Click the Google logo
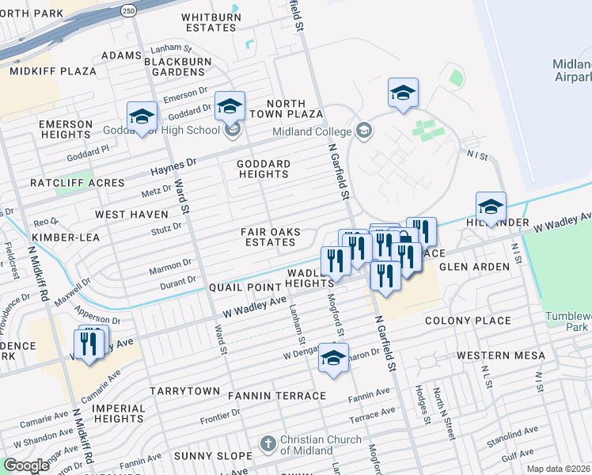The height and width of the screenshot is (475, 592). [x=26, y=465]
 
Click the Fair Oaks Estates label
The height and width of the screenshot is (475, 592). [x=271, y=237]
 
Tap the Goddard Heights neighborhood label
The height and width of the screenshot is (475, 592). [x=264, y=169]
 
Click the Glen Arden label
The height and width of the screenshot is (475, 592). [x=474, y=267]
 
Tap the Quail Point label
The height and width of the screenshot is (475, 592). [x=241, y=288]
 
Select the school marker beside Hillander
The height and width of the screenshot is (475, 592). [x=491, y=208]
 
